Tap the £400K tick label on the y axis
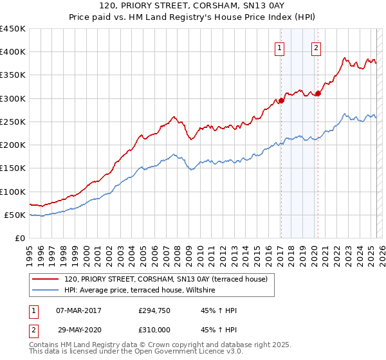point(13,52)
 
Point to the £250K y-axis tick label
point(13,122)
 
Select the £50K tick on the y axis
point(15,215)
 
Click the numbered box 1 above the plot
point(280,47)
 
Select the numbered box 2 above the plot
point(317,47)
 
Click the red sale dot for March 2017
point(281,101)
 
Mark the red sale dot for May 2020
point(318,94)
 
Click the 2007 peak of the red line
point(174,117)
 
